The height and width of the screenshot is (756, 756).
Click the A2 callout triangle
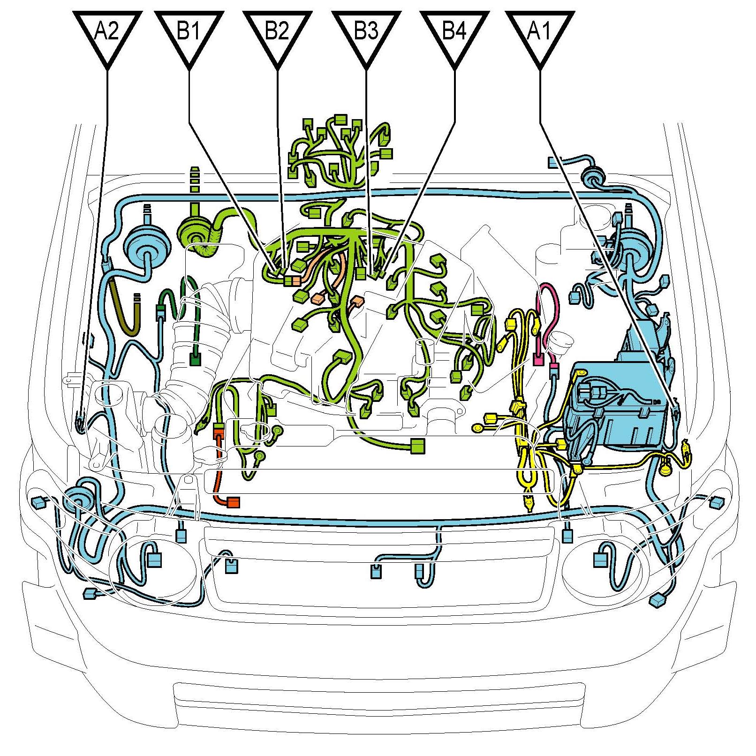point(107,35)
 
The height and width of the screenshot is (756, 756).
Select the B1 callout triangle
point(189,35)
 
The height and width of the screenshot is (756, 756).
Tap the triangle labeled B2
point(277,35)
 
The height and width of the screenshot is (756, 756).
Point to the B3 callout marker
point(366,35)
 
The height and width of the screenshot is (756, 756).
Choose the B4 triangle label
point(454,35)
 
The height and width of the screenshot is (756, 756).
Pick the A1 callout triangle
point(540,35)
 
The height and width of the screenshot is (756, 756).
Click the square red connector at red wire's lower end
point(234,502)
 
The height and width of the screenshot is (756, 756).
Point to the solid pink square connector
point(539,360)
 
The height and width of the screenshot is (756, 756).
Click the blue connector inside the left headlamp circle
point(155,559)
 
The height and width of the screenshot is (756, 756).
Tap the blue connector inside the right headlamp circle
point(600,559)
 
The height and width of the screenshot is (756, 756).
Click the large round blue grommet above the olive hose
point(145,247)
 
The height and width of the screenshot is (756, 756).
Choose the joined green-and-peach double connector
point(292,280)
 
